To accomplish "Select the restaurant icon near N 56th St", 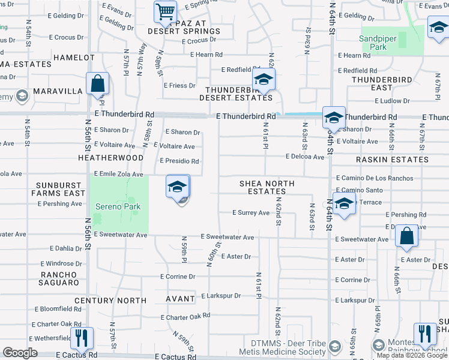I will click(81, 338).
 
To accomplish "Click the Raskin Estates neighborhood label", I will click(392, 160).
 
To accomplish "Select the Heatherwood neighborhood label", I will click(110, 158).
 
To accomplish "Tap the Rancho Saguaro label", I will click(59, 278).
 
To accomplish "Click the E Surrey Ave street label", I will click(251, 212).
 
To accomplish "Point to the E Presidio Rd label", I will click(179, 161).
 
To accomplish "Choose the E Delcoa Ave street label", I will click(304, 157).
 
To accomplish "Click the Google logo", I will click(20, 353).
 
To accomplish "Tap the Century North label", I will click(110, 300).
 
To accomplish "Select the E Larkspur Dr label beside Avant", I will click(220, 296).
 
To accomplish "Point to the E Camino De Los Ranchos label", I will click(375, 178).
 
